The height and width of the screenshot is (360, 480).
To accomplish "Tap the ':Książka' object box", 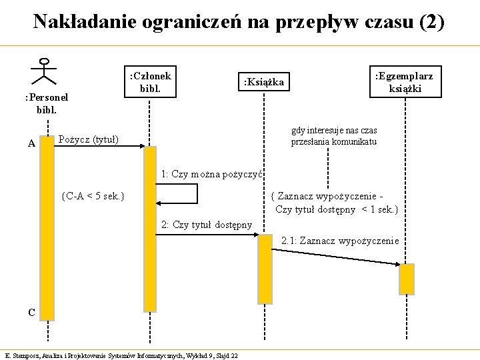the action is (x=265, y=82).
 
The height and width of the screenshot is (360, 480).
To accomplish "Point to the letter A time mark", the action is (x=32, y=142).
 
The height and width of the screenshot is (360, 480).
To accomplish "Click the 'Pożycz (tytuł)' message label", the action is (x=89, y=139).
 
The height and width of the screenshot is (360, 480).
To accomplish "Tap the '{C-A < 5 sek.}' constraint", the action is (x=92, y=196).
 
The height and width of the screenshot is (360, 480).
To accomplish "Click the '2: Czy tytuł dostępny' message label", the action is (x=207, y=224).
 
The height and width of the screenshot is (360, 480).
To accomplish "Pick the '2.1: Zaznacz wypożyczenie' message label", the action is (x=340, y=240).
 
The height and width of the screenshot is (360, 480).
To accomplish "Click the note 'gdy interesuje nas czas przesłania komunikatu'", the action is (x=334, y=136).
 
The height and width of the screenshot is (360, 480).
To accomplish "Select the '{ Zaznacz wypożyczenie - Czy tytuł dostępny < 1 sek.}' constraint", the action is (x=335, y=203).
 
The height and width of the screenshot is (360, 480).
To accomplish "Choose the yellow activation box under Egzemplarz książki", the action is (x=406, y=279).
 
